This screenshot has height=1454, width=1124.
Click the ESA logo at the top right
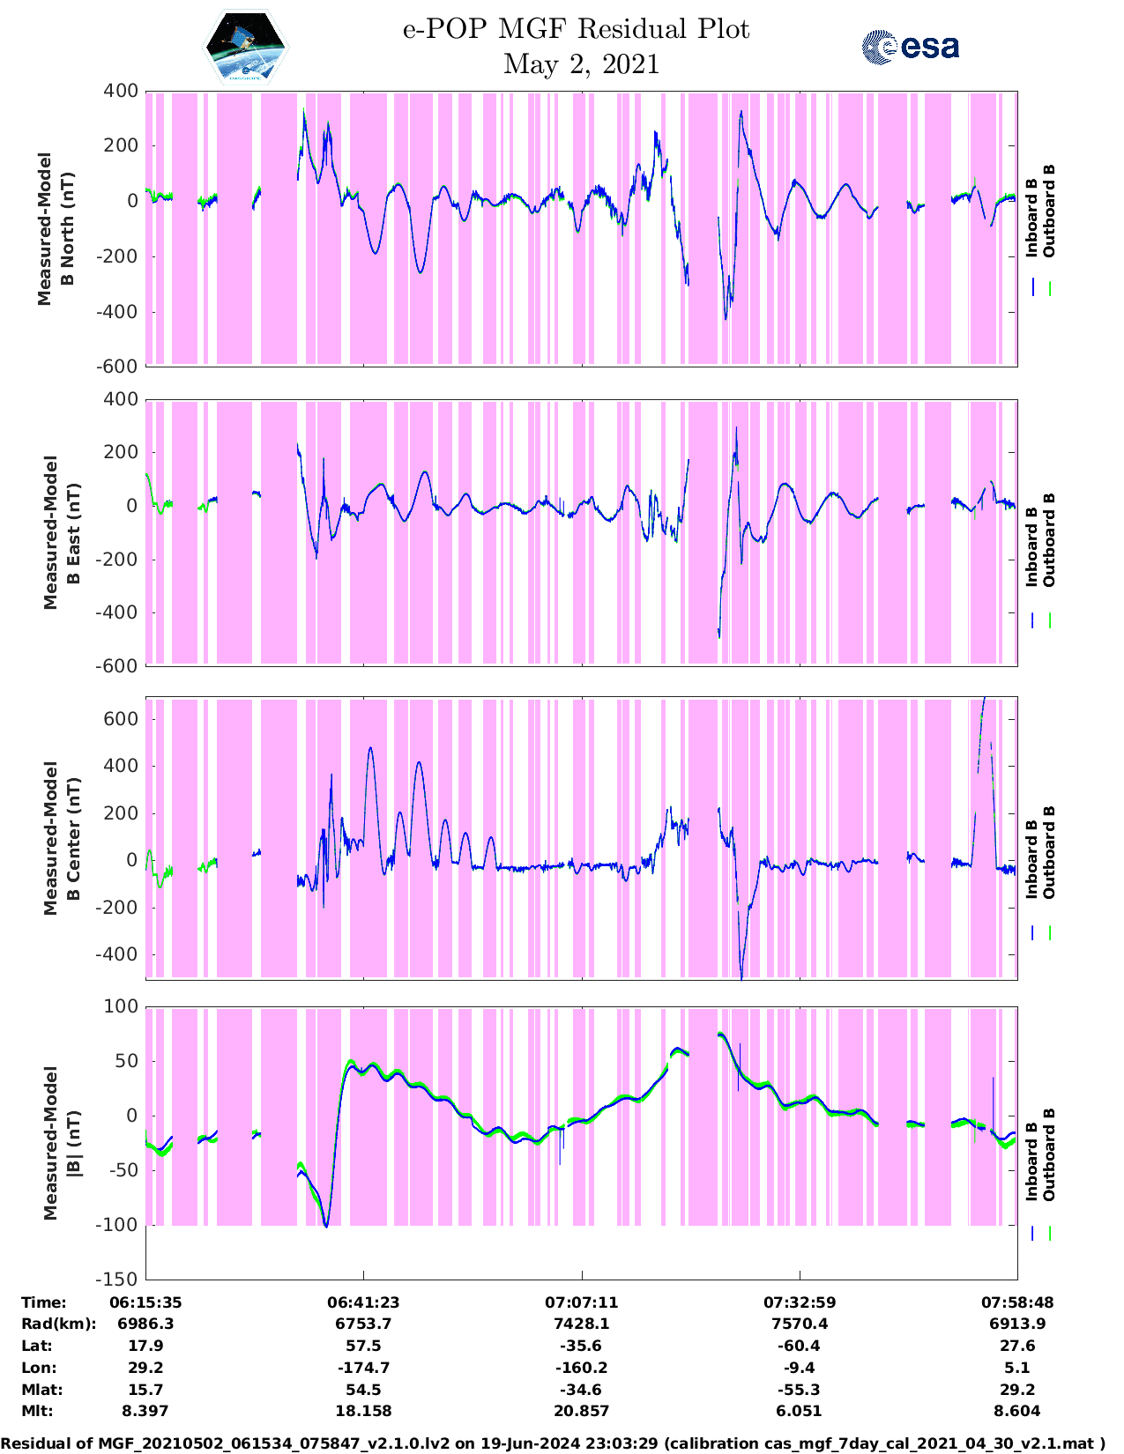pyautogui.click(x=911, y=47)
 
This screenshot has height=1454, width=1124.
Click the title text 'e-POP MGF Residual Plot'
pyautogui.click(x=576, y=29)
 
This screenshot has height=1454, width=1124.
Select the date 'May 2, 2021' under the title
pyautogui.click(x=581, y=64)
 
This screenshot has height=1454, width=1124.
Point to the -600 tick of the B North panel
pyautogui.click(x=121, y=367)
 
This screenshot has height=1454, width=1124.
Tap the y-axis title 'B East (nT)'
pyautogui.click(x=73, y=532)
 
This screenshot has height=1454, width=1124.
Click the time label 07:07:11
pyautogui.click(x=581, y=1302)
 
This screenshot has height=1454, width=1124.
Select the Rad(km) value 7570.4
pyautogui.click(x=799, y=1324)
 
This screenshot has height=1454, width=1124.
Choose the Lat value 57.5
pyautogui.click(x=363, y=1346)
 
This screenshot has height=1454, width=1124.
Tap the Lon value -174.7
pyautogui.click(x=363, y=1368)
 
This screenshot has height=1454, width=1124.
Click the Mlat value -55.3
pyautogui.click(x=799, y=1390)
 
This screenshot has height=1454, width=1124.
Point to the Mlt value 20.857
pyautogui.click(x=581, y=1411)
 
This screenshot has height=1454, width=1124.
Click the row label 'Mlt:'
pyautogui.click(x=37, y=1411)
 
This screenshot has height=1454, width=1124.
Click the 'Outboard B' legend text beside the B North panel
pyautogui.click(x=1049, y=211)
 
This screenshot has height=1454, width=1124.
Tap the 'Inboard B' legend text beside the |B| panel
pyautogui.click(x=1031, y=1154)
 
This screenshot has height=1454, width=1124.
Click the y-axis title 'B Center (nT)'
pyautogui.click(x=73, y=838)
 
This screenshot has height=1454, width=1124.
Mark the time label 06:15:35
pyautogui.click(x=145, y=1302)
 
